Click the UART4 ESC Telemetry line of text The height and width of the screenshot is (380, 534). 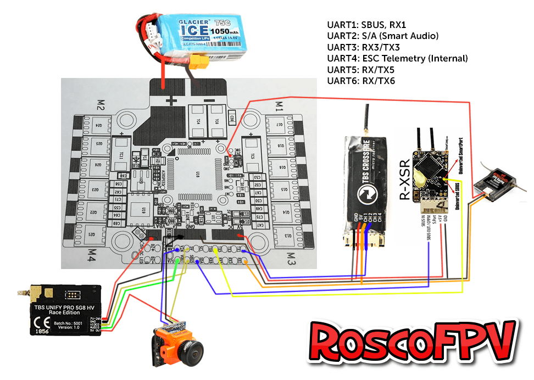pyautogui.click(x=397, y=58)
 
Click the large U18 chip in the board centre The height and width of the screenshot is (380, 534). pyautogui.click(x=199, y=175)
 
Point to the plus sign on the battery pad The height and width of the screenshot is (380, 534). pyautogui.click(x=174, y=101)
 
